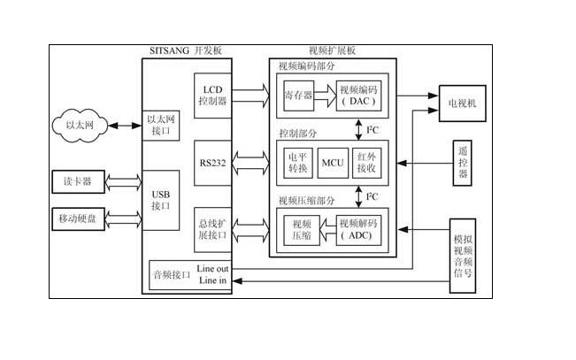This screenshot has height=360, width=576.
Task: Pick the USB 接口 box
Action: click(x=161, y=200)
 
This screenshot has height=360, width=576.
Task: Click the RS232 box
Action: click(x=212, y=163)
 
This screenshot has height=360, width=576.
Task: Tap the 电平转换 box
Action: click(x=296, y=162)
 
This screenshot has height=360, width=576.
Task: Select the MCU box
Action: click(x=332, y=162)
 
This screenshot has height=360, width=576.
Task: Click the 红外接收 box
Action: click(x=365, y=162)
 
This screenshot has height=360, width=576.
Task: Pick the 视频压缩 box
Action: click(x=301, y=230)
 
